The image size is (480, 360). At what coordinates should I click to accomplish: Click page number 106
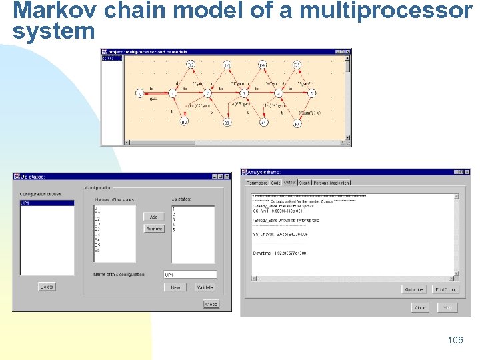click(x=455, y=341)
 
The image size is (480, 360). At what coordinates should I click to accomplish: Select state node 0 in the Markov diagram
click(x=140, y=94)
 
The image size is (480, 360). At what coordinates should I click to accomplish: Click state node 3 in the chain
click(x=244, y=94)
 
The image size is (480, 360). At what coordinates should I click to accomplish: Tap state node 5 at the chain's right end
click(x=312, y=94)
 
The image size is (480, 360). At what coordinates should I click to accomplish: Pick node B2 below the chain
click(x=184, y=122)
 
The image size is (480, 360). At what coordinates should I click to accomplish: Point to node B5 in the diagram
click(x=297, y=123)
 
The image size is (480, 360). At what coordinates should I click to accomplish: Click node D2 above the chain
click(x=191, y=65)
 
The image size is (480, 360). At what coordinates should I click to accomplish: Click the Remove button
click(x=154, y=229)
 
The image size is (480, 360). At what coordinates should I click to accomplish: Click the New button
click(x=175, y=287)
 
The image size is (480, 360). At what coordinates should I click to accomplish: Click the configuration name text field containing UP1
click(x=190, y=275)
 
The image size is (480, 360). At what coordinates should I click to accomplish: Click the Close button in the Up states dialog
click(x=211, y=304)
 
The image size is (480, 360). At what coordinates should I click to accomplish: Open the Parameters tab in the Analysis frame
click(x=257, y=183)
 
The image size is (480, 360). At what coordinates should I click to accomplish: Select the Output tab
click(x=290, y=182)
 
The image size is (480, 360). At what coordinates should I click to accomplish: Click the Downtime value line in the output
click(x=279, y=253)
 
